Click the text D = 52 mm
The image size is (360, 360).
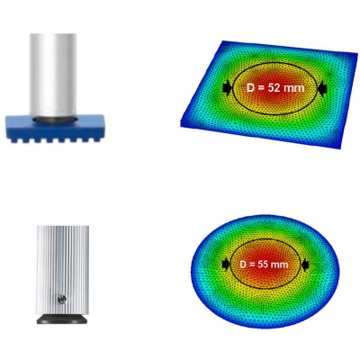click(275, 88)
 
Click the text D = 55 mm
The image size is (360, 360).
click(264, 265)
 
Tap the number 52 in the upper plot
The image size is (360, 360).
click(274, 88)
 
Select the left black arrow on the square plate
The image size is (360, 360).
click(228, 87)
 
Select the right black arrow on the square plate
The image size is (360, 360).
click(322, 89)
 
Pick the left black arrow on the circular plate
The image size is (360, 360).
click(226, 265)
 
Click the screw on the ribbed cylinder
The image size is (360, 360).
click(61, 299)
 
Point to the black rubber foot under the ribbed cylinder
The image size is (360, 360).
click(62, 319)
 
